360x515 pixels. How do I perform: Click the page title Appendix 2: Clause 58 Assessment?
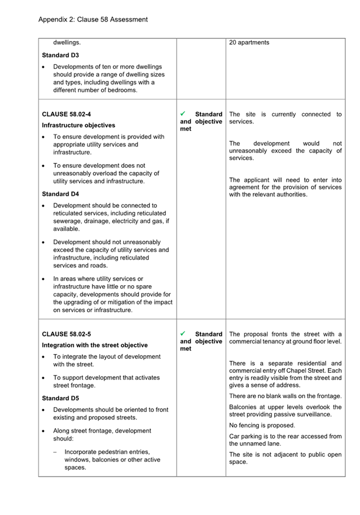[x=93, y=19]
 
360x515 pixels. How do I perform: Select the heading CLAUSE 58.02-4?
[x=67, y=115]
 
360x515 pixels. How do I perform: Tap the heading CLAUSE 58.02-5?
[x=67, y=334]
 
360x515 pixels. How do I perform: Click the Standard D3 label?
[x=60, y=55]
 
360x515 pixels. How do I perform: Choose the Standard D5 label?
[x=60, y=398]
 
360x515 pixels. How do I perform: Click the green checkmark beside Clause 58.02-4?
[x=183, y=114]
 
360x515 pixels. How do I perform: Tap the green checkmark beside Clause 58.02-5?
[x=183, y=334]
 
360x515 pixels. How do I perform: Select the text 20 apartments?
[x=249, y=42]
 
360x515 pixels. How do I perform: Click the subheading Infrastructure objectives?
[x=78, y=125]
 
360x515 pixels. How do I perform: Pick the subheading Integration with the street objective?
[x=95, y=345]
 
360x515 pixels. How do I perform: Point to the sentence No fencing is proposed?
[x=262, y=425]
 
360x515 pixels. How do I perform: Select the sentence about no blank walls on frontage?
[x=286, y=396]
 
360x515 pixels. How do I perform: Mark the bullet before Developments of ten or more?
[x=45, y=67]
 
